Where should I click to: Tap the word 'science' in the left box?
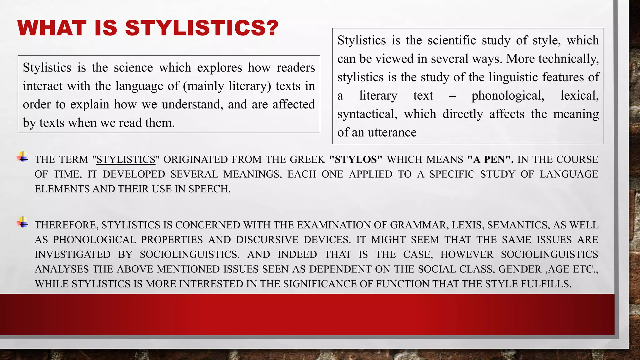[133, 68]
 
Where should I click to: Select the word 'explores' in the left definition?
[219, 68]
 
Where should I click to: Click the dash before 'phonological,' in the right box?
[452, 96]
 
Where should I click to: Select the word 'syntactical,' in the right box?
[367, 114]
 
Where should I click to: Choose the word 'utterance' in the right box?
[392, 133]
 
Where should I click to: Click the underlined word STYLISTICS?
[126, 160]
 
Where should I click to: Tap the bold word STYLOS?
[356, 160]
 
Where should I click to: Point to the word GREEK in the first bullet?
[307, 160]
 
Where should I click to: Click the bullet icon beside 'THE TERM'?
[22, 157]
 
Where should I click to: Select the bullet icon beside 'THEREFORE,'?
[22, 222]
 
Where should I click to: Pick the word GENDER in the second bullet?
[520, 269]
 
